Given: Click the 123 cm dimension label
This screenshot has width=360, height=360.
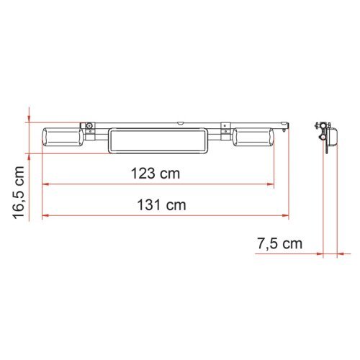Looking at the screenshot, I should point(156,174).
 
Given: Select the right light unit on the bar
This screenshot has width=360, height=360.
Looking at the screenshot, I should point(253,137).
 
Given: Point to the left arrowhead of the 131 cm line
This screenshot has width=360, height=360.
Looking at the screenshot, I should point(46,215).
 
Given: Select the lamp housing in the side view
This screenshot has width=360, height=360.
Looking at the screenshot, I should point(333,135).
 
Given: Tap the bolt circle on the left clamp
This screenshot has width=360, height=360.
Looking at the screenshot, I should point(90,130).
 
